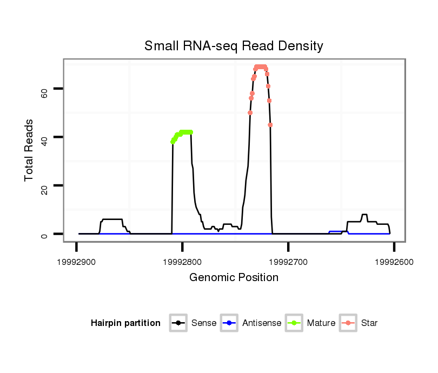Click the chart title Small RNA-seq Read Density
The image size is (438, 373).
234,46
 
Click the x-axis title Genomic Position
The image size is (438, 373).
234,278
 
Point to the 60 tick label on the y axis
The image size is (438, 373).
44,92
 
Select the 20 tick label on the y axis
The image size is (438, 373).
44,189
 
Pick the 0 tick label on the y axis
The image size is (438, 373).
44,235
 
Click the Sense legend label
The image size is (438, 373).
204,323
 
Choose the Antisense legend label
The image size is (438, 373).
262,323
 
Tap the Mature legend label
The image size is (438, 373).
321,323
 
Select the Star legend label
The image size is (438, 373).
369,323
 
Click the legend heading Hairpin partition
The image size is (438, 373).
125,323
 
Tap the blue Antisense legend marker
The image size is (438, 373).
229,323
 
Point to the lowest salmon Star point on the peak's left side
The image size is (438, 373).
250,112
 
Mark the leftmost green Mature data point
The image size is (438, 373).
172,142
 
